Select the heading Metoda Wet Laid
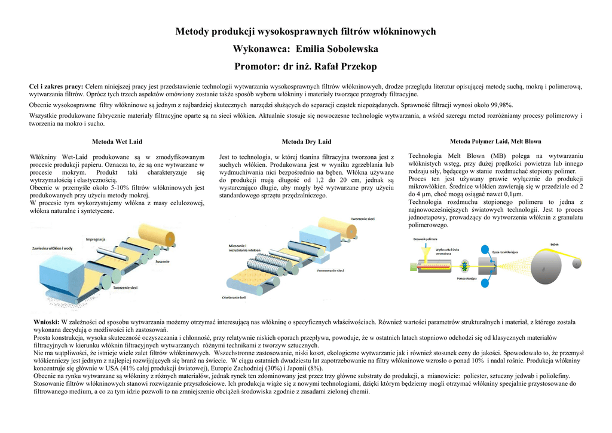(117, 142)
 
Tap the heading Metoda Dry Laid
(306, 142)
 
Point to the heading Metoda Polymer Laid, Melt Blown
(495, 141)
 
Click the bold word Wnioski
(46, 322)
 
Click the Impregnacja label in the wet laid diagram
(96, 239)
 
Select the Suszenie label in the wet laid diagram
(161, 262)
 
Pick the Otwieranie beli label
(234, 297)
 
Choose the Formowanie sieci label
(330, 270)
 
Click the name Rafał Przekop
(345, 66)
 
